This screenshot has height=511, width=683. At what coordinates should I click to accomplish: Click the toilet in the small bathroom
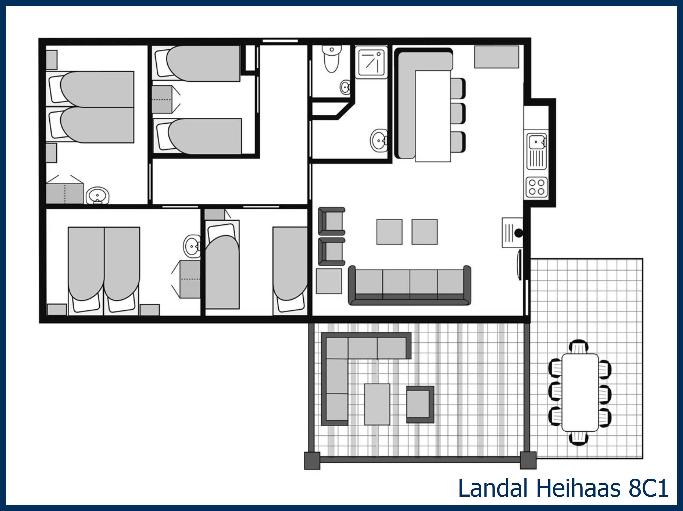(331, 59)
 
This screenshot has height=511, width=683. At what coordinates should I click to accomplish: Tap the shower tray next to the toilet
(371, 62)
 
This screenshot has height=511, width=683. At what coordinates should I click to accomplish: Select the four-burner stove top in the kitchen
(537, 187)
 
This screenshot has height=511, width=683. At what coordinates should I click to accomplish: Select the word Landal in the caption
(492, 488)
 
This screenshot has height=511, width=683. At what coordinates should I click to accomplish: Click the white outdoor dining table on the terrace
(580, 392)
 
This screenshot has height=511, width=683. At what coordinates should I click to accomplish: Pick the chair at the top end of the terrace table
(579, 347)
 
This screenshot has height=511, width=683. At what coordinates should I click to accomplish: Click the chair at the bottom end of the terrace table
(579, 438)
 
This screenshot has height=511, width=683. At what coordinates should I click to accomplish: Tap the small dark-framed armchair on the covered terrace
(420, 404)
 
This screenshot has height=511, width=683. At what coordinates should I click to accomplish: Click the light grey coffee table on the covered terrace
(377, 404)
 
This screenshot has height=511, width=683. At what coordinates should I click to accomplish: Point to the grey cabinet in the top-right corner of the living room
(496, 57)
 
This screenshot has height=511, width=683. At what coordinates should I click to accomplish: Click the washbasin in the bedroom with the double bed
(192, 246)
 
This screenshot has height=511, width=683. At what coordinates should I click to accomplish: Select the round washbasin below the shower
(379, 141)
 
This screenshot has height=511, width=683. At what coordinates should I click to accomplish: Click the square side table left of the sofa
(329, 281)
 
